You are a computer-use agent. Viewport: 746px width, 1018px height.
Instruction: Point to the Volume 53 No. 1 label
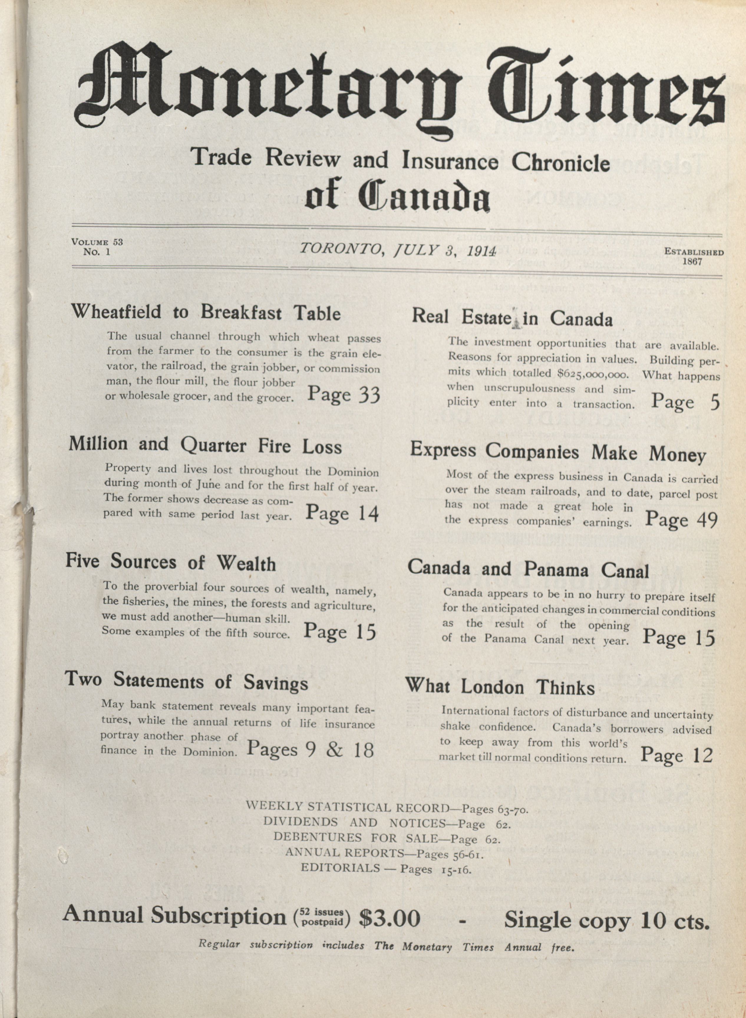pyautogui.click(x=97, y=247)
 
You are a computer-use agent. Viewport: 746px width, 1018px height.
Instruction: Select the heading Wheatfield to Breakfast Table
pyautogui.click(x=205, y=312)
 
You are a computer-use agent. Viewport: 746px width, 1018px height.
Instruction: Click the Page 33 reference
pyautogui.click(x=344, y=394)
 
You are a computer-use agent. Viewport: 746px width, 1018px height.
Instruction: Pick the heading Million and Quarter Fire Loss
pyautogui.click(x=205, y=445)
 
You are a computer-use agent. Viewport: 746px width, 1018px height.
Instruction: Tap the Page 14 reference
pyautogui.click(x=342, y=513)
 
